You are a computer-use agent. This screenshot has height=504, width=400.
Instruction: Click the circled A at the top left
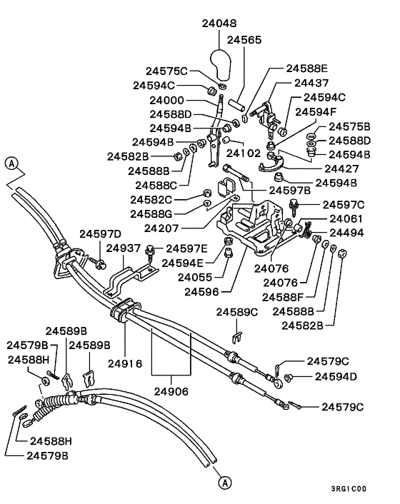(x=11, y=163)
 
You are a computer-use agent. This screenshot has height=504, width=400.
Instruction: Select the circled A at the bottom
(x=224, y=483)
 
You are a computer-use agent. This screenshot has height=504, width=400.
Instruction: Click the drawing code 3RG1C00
(x=349, y=490)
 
